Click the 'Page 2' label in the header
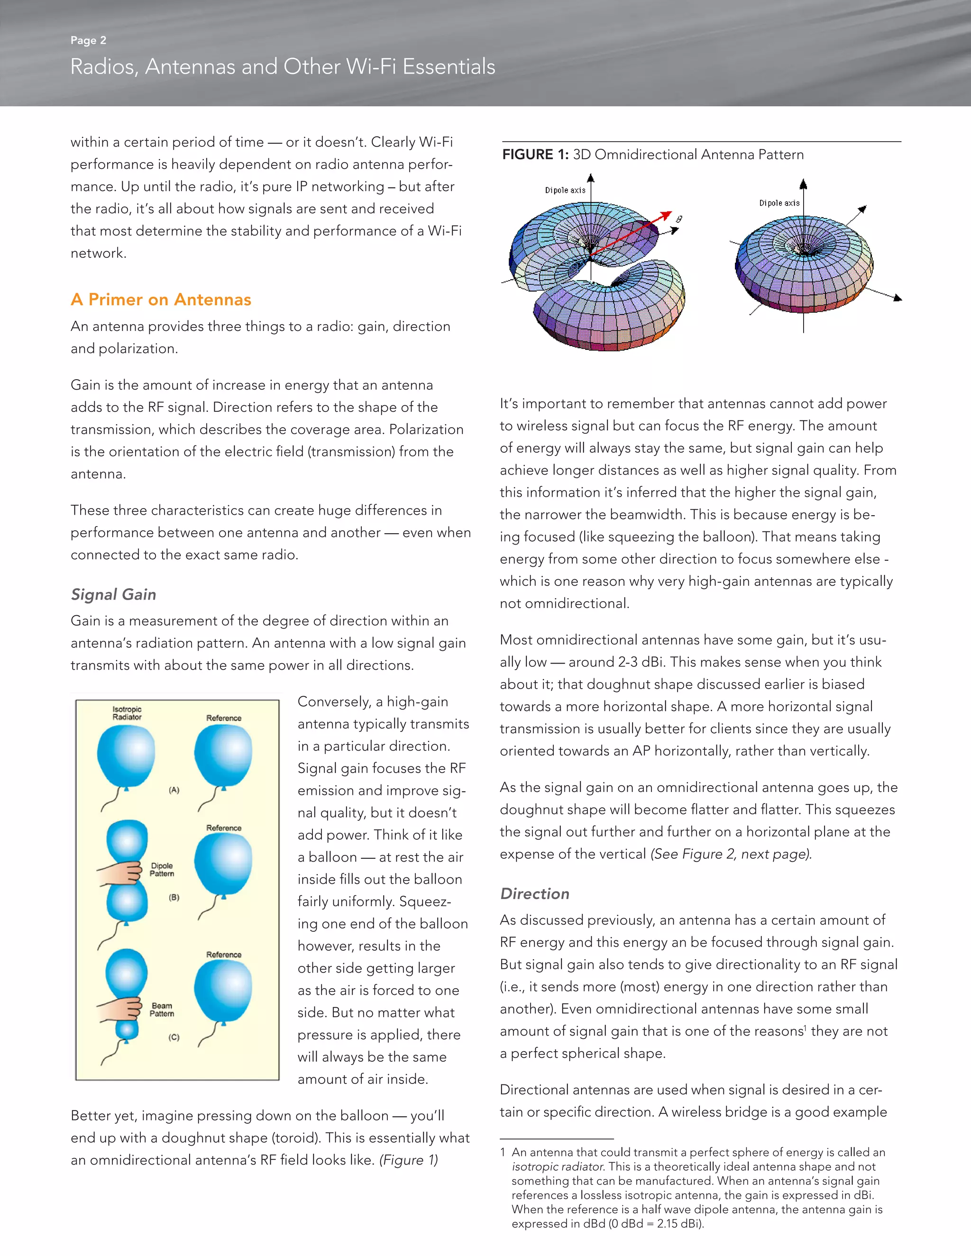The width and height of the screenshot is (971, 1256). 88,40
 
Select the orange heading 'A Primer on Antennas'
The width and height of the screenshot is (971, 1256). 161,300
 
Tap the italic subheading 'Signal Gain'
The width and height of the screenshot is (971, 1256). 113,594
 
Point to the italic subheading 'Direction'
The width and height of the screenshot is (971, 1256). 534,893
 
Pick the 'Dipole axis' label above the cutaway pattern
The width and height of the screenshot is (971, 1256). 565,191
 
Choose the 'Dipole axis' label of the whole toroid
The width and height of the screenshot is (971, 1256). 779,203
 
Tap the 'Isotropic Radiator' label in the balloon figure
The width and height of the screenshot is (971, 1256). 127,713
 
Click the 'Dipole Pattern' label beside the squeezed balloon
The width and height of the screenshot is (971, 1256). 162,870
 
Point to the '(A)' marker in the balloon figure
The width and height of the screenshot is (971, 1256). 174,790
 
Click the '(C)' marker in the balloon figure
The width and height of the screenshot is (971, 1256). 174,1037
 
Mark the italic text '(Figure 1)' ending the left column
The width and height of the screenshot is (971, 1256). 408,1160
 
